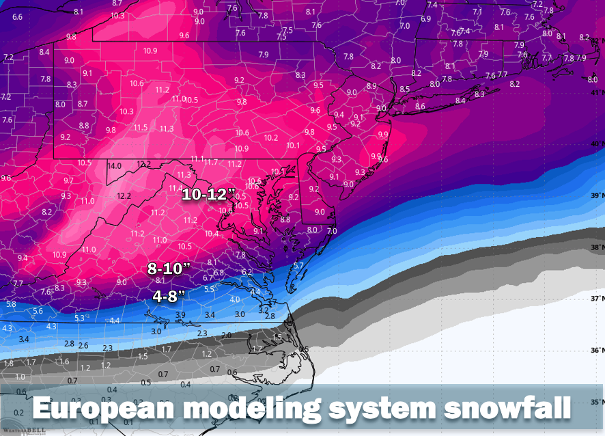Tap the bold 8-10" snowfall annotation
[168, 269]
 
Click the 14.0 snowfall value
[114, 165]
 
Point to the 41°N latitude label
[597, 92]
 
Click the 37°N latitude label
[597, 299]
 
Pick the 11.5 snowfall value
[141, 128]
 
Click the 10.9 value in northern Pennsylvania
[150, 51]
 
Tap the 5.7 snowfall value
[298, 265]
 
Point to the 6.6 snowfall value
[17, 16]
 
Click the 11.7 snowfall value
[211, 162]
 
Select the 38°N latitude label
[597, 247]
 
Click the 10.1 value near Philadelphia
[293, 145]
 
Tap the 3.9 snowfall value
[181, 314]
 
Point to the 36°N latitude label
[597, 351]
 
